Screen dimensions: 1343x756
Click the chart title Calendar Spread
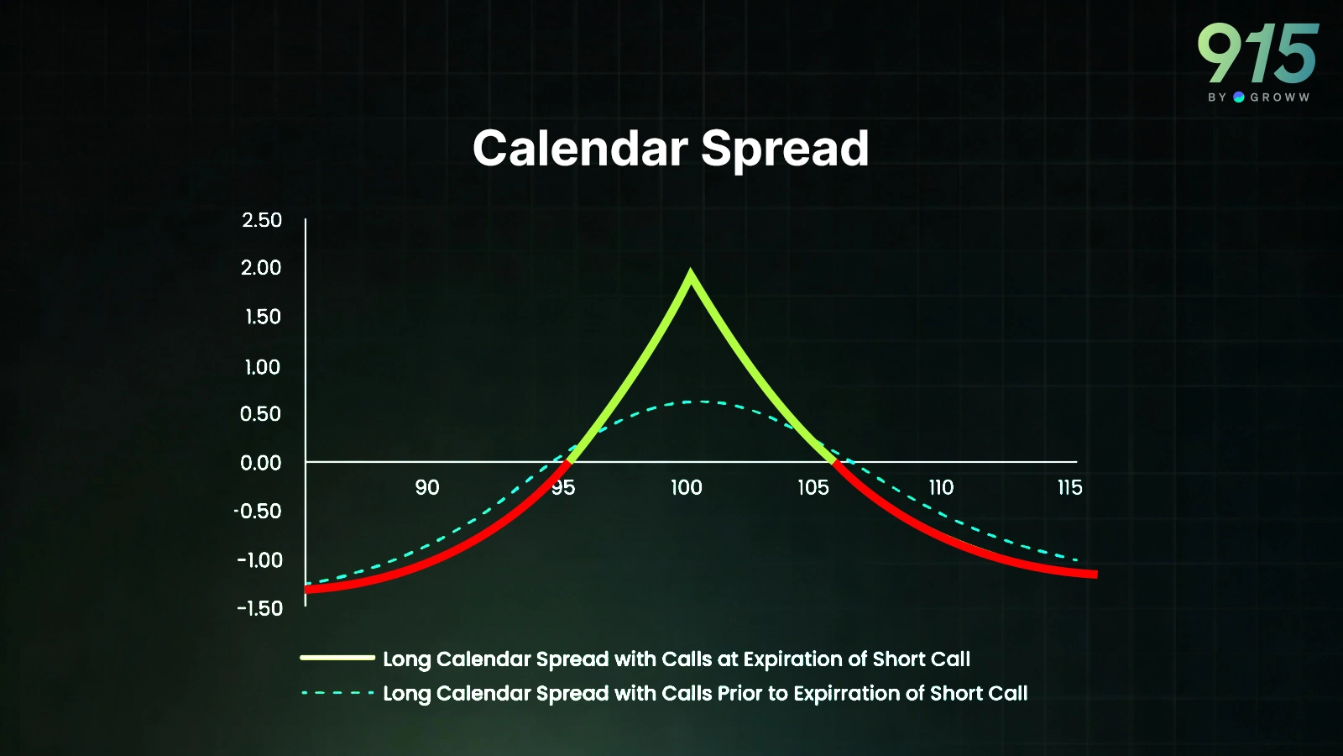(671, 149)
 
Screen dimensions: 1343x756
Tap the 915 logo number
(1258, 54)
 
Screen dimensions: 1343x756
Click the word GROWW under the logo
(1280, 97)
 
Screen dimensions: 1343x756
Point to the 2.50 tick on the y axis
(262, 220)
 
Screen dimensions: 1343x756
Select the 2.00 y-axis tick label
(261, 268)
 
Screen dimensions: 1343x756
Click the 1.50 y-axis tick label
(264, 317)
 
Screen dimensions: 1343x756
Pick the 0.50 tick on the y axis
(261, 414)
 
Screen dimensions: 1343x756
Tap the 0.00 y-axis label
(261, 463)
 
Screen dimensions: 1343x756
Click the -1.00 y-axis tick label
(259, 560)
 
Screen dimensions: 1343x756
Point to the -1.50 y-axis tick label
(259, 609)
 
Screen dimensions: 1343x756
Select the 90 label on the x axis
(427, 487)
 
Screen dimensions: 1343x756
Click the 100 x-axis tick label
(687, 487)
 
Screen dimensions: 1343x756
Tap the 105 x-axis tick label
(813, 487)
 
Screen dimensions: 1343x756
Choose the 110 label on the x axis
(941, 487)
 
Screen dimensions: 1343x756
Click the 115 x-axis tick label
(1070, 487)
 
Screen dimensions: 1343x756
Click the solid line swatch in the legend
(337, 659)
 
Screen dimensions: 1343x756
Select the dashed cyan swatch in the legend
(337, 693)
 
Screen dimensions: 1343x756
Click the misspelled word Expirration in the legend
(847, 694)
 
